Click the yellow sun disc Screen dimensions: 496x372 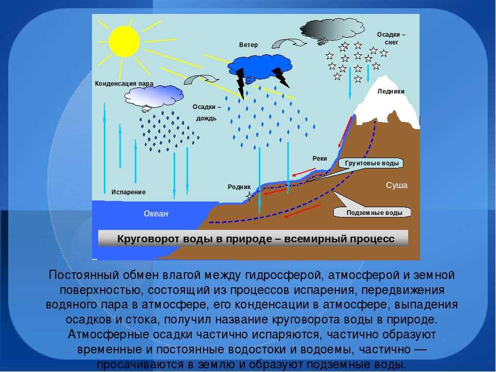(x=124, y=41)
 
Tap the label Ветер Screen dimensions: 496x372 (x=249, y=45)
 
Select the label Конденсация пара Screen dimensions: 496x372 (x=124, y=84)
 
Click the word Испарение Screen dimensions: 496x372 (x=129, y=192)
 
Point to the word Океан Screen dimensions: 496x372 (x=156, y=213)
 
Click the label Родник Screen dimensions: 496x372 (x=239, y=187)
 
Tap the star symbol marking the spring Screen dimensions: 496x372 (x=250, y=196)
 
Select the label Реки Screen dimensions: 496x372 (x=319, y=159)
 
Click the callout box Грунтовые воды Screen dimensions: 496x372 (x=371, y=163)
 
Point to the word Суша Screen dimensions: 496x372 (x=397, y=185)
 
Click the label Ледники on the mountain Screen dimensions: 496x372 (x=391, y=91)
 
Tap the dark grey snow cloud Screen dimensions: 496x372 (x=332, y=30)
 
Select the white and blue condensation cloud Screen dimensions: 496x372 (x=154, y=97)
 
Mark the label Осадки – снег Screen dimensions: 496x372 (x=391, y=38)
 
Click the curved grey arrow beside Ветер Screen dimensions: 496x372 (x=289, y=43)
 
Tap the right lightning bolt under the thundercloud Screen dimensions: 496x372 (x=281, y=77)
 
